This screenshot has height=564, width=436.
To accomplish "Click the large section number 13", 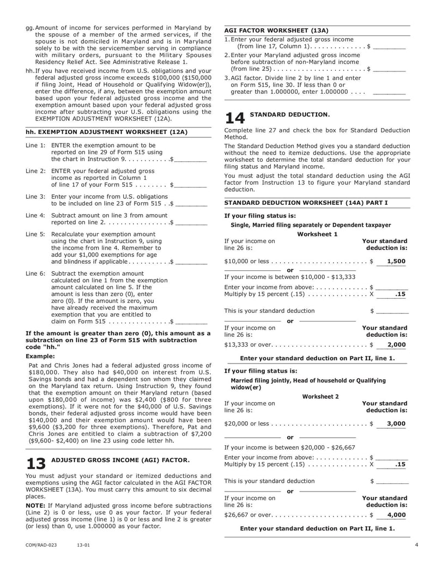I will (x=36, y=463).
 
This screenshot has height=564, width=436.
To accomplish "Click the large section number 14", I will (x=235, y=117).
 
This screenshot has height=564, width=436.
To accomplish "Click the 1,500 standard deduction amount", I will (x=396, y=262).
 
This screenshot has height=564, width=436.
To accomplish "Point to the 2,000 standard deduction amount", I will (x=396, y=345).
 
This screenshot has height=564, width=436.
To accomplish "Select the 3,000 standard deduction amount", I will (x=396, y=423).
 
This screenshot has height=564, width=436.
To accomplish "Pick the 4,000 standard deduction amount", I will (x=396, y=515).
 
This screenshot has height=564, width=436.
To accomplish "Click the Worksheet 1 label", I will (x=317, y=234).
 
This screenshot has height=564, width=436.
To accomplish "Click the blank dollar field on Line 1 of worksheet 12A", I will (x=190, y=160).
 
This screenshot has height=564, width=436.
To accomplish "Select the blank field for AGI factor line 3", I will (x=389, y=93).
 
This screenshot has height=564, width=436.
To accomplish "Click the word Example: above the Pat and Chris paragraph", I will (x=40, y=356).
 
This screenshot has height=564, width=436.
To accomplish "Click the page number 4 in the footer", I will (x=416, y=544).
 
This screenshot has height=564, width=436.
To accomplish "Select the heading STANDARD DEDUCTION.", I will (x=289, y=114).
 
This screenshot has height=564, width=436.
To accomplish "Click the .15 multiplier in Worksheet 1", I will (x=400, y=294).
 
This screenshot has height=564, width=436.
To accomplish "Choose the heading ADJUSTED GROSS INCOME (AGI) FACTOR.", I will (x=120, y=460).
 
